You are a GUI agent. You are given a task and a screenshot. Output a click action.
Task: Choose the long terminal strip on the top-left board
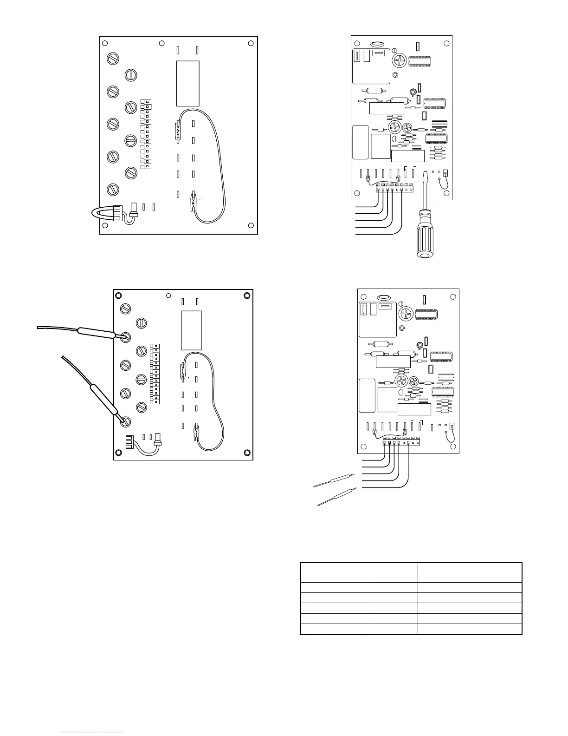[147, 134]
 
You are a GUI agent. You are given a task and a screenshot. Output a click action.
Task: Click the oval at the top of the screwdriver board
[377, 46]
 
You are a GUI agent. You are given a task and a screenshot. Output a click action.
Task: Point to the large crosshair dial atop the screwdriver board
[399, 60]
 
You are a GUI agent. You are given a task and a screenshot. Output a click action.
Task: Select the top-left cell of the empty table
[336, 572]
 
